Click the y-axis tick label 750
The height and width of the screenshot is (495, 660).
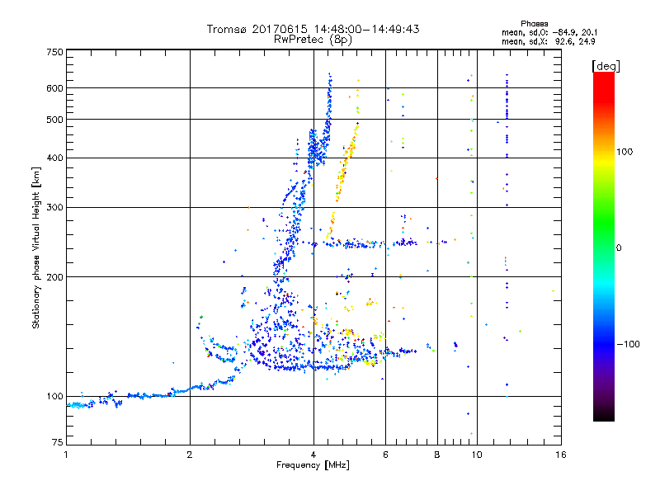[54, 51]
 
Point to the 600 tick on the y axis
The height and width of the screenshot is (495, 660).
[54, 87]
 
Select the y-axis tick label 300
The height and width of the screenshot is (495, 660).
[54, 207]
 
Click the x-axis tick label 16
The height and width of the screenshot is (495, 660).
[560, 454]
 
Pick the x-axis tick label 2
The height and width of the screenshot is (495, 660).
[190, 454]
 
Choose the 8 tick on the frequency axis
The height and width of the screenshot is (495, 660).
[437, 454]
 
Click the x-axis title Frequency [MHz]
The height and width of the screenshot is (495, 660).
[313, 465]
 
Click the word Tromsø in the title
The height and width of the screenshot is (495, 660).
[228, 29]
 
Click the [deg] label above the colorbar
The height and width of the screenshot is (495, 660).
[606, 65]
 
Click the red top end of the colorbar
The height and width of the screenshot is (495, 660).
[603, 76]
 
